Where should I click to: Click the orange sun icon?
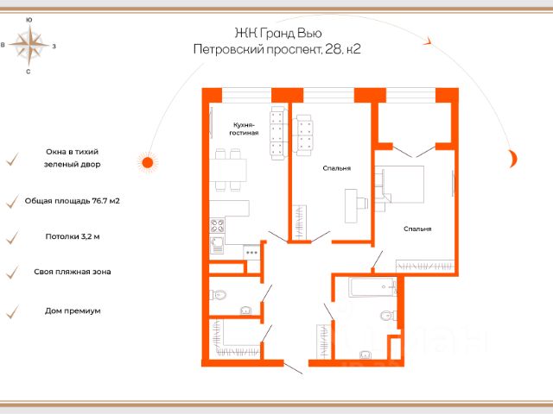coord(148,163)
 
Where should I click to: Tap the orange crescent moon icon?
coord(513,159)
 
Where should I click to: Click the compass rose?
coord(29,45)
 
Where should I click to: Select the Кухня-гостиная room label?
coord(244,129)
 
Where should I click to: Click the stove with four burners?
coord(217,226)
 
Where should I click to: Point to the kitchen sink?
coord(217,245)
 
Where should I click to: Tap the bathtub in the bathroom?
coord(372,287)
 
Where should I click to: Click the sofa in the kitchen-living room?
coord(278,133)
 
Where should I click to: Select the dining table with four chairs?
coord(228,170)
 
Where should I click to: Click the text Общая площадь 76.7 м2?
coord(73,201)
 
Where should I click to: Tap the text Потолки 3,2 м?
coord(73,236)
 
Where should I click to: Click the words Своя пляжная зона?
coord(73,272)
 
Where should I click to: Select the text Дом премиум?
coord(73,310)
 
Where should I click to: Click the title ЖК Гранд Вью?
coord(278,33)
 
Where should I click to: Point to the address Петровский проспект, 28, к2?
coord(276,49)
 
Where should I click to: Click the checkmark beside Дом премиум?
coord(12,311)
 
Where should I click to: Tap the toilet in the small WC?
coord(219,294)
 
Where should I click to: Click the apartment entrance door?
coord(293,368)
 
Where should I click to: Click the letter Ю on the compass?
coord(29,20)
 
